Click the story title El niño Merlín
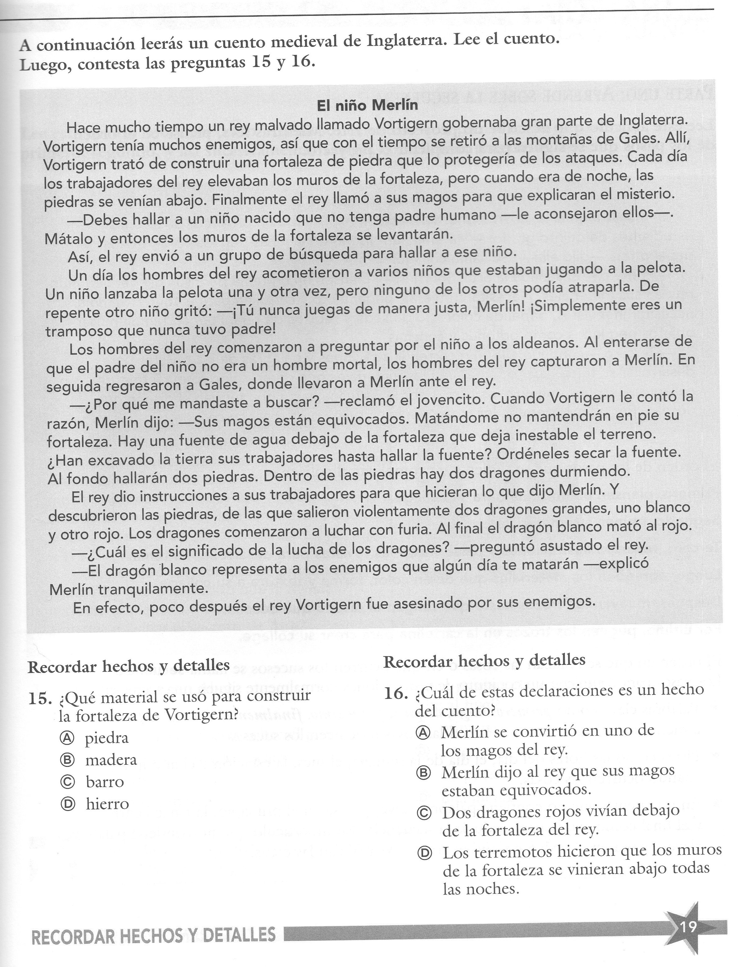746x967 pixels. pyautogui.click(x=367, y=105)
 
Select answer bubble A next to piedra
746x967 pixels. pyautogui.click(x=66, y=737)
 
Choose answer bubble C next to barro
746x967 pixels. pyautogui.click(x=67, y=782)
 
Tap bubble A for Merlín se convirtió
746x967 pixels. pyautogui.click(x=423, y=733)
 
